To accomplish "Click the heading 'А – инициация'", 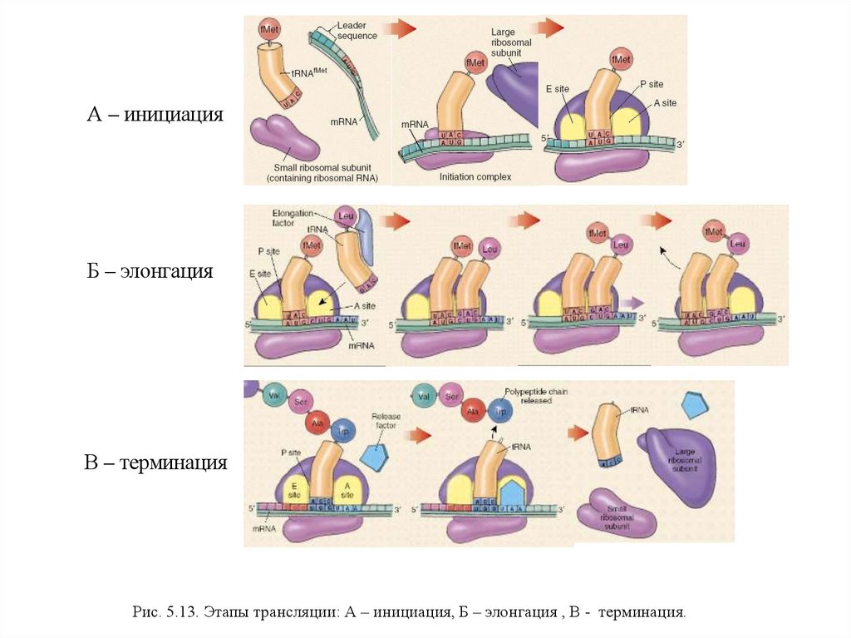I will pos(155,114).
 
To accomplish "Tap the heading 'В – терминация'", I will pos(155,462).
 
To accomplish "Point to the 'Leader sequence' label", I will pos(357,31).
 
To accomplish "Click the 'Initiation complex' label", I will pos(475,177).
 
